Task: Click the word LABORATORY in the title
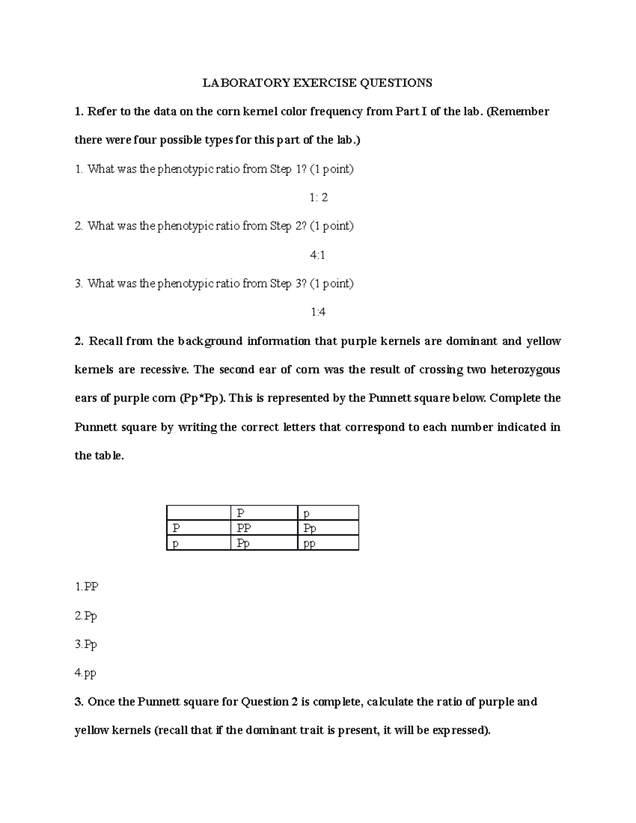click(246, 83)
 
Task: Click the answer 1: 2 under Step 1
click(319, 198)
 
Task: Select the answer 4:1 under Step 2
click(317, 255)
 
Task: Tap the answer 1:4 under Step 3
click(318, 312)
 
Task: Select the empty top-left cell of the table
click(198, 512)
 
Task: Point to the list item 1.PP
click(87, 587)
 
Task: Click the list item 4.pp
click(86, 673)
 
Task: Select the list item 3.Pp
click(86, 644)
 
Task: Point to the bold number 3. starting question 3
click(79, 702)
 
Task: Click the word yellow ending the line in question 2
click(543, 341)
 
